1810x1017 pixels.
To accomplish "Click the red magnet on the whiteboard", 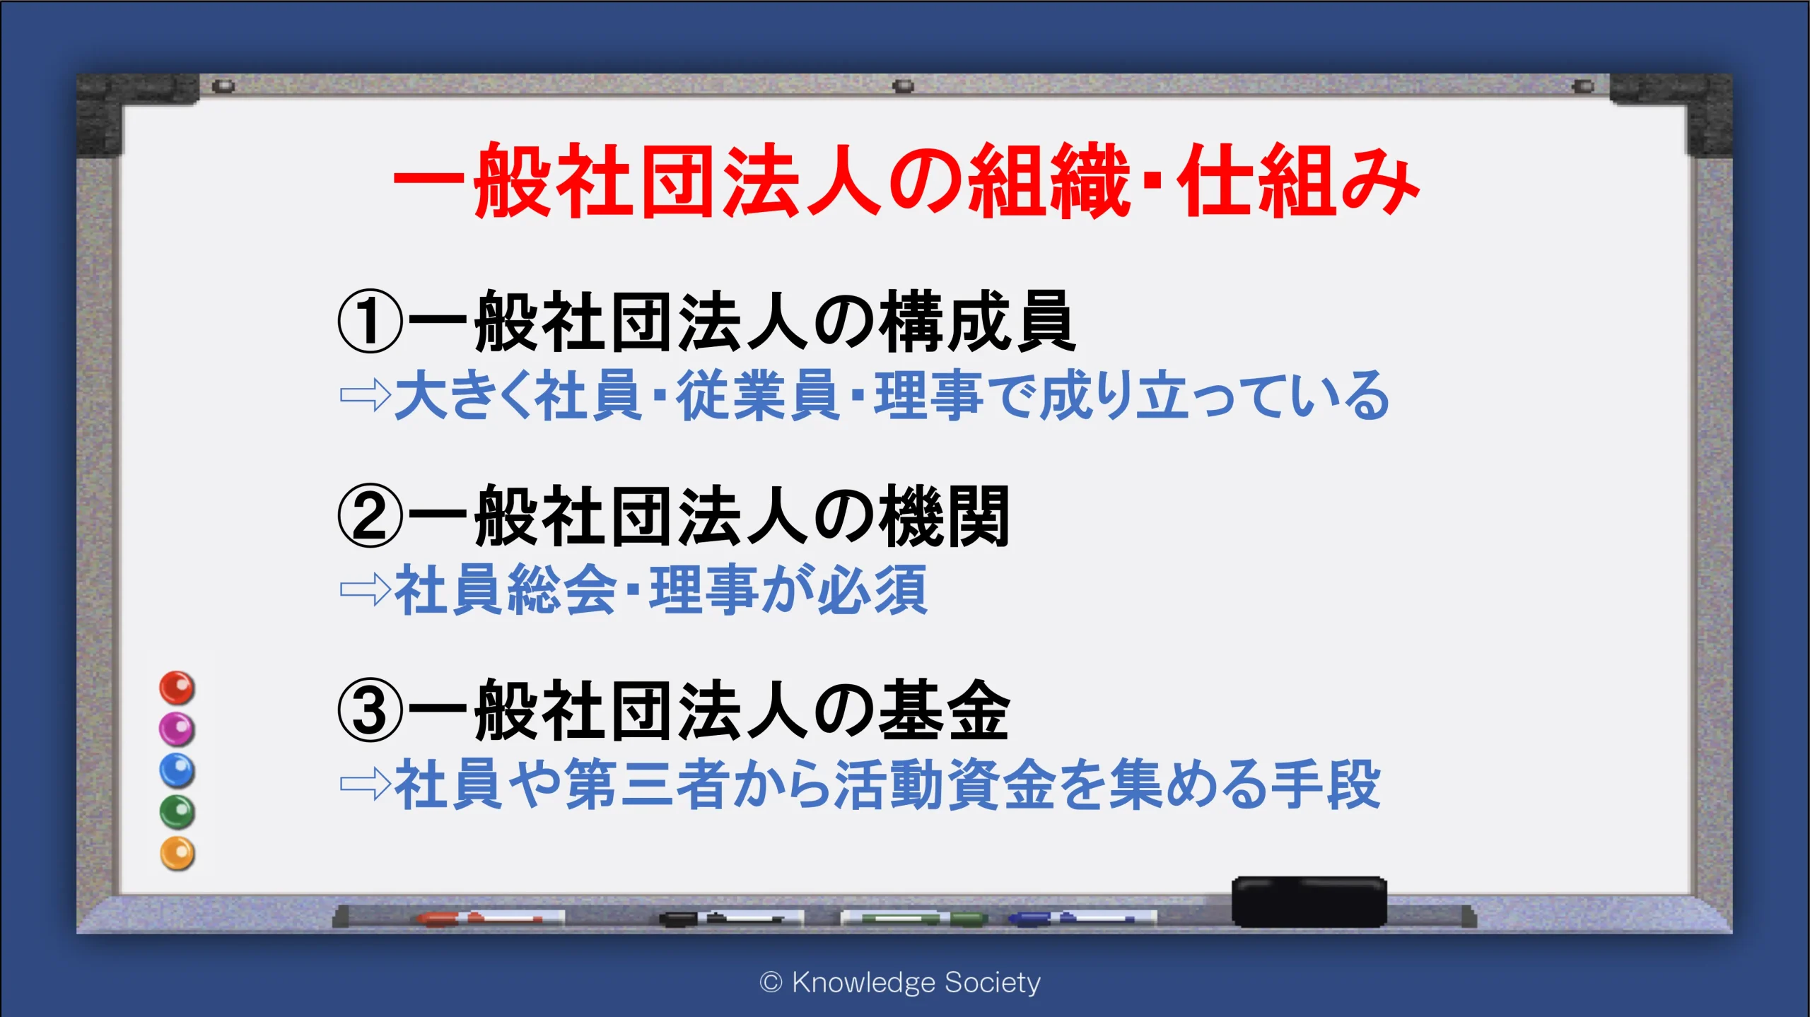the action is (x=177, y=688).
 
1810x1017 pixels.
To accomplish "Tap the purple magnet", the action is (x=177, y=729).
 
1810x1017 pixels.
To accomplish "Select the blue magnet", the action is (x=177, y=770).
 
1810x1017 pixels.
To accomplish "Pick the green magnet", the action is (x=177, y=812).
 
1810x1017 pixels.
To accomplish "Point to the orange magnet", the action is (x=177, y=854).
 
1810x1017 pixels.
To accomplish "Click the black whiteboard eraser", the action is (x=1309, y=902).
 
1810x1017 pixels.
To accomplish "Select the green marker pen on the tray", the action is (x=913, y=919).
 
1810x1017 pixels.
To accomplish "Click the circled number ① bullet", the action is (x=370, y=322).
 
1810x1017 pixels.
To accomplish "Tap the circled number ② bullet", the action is (x=370, y=516).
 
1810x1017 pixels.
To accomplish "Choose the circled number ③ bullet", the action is (x=370, y=710).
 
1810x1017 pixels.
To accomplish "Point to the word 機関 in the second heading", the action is (x=945, y=516).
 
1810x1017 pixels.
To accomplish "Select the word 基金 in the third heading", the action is (x=945, y=710).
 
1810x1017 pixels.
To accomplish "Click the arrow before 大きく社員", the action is (x=366, y=395).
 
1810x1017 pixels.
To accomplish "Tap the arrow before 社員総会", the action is (x=366, y=589).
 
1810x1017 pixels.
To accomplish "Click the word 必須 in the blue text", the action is (x=872, y=589).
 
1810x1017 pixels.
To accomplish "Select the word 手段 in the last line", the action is (x=1325, y=784).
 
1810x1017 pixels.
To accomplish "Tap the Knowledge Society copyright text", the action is (x=900, y=982).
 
